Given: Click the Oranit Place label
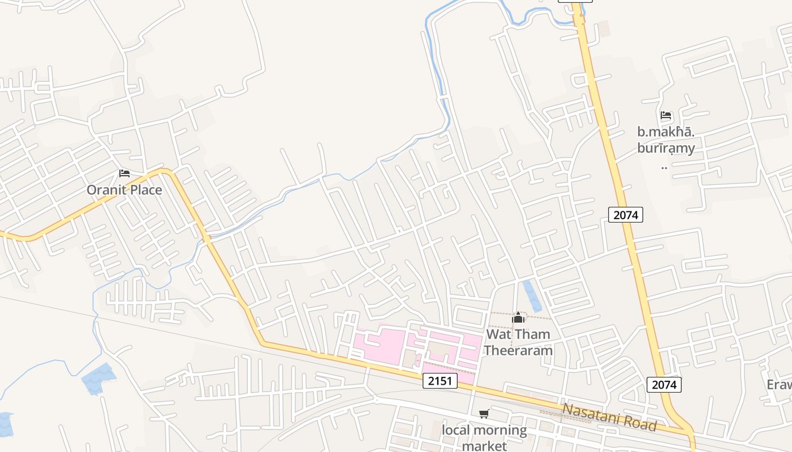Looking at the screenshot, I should tap(124, 190).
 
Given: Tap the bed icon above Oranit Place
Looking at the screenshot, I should tap(124, 173).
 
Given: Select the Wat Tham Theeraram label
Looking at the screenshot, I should tap(518, 342).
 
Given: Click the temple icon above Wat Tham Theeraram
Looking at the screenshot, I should tap(518, 318).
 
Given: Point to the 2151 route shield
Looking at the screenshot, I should tap(440, 381).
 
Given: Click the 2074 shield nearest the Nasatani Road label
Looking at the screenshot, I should tap(664, 385).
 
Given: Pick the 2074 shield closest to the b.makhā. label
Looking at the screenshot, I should tap(626, 215).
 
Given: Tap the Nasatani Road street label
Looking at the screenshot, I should tap(609, 417).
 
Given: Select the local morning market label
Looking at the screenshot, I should tap(484, 438).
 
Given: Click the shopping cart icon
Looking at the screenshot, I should tap(484, 414).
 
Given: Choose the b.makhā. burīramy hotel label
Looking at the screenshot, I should tap(666, 141).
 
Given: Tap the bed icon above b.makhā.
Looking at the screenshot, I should tap(666, 116).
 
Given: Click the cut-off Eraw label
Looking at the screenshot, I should tap(779, 385).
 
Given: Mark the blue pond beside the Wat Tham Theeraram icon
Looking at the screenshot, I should tap(532, 295).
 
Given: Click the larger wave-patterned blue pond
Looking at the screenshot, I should tap(98, 378).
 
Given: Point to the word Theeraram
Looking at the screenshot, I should tap(518, 350).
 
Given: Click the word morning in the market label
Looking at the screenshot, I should tap(498, 431).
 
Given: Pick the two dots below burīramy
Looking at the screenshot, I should tap(665, 167).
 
